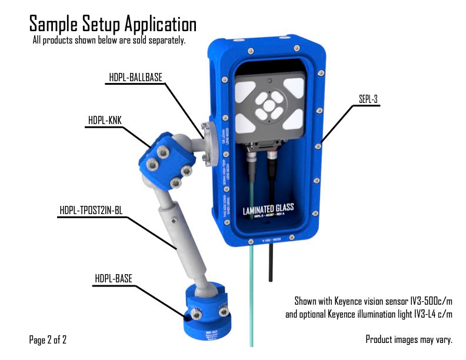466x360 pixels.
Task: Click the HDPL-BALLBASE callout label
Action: click(x=135, y=77)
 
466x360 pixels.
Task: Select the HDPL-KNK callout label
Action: click(x=105, y=121)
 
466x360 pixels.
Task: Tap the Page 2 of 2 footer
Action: click(x=48, y=339)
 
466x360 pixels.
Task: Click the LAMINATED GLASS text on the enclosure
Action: click(x=268, y=208)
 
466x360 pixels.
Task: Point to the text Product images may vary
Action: click(x=409, y=339)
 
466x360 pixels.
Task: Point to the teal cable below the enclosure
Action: click(x=252, y=294)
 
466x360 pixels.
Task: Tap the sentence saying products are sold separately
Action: click(x=109, y=41)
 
